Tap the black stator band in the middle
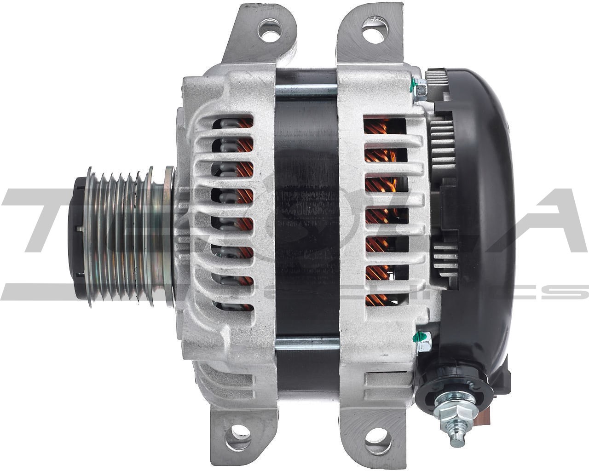(x=306, y=216)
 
